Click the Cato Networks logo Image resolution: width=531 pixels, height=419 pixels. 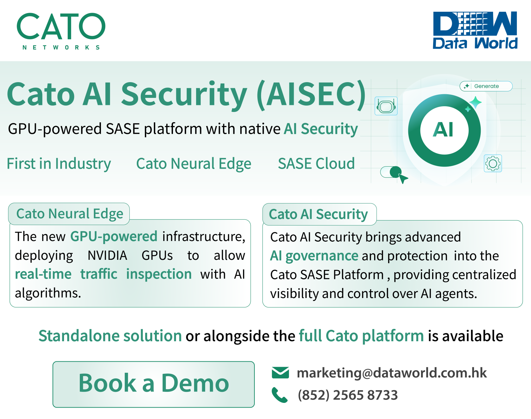tap(61, 31)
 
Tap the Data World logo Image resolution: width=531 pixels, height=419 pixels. tap(475, 31)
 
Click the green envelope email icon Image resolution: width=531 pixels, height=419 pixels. tap(280, 373)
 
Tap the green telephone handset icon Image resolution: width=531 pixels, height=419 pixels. tap(280, 395)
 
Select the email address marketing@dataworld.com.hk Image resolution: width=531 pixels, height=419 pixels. tap(392, 373)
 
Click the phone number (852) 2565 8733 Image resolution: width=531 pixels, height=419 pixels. tap(348, 395)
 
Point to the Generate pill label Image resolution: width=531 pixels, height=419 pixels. tap(486, 86)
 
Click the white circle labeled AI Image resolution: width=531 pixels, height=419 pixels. tap(444, 130)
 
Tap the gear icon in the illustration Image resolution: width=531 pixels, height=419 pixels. tap(493, 164)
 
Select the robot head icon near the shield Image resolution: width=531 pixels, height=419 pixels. tap(386, 106)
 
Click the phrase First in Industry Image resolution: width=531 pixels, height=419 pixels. tap(59, 164)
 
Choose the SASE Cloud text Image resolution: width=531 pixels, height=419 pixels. tap(316, 164)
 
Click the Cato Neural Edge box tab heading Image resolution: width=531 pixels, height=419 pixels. tap(69, 214)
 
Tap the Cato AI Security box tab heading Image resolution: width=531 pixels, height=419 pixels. tap(318, 215)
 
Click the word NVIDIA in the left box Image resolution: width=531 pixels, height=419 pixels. tap(107, 255)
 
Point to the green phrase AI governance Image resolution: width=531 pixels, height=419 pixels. tap(314, 256)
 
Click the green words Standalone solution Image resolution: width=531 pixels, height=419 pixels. tap(110, 336)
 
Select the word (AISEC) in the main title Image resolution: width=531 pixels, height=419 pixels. tap(311, 95)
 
